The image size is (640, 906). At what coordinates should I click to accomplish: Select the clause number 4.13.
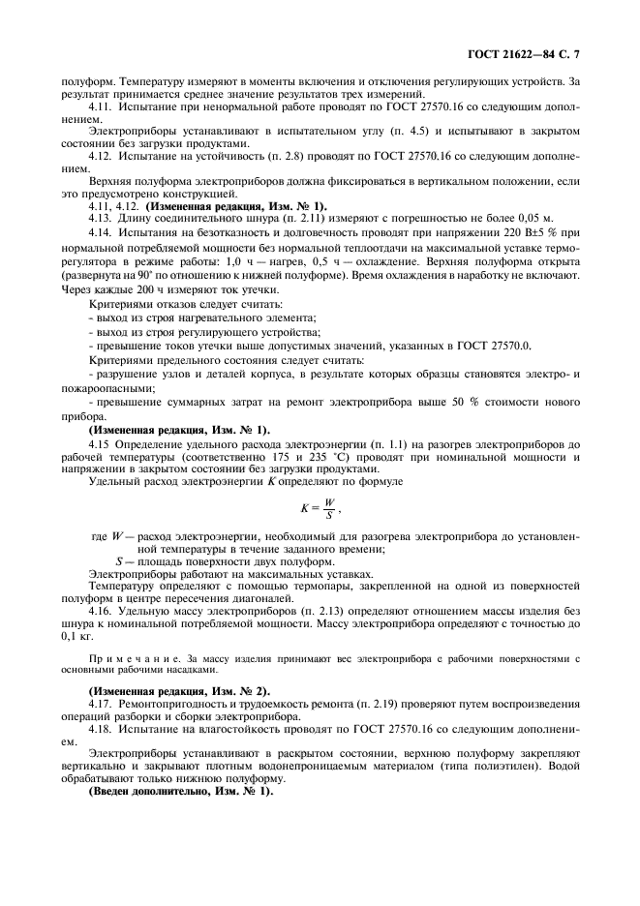click(x=100, y=218)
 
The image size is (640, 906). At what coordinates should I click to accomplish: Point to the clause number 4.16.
click(x=100, y=613)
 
